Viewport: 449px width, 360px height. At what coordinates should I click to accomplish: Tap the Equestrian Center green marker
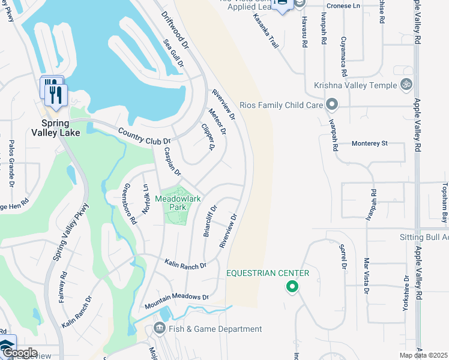(x=292, y=287)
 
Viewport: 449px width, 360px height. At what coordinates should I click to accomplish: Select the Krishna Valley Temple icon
(x=406, y=85)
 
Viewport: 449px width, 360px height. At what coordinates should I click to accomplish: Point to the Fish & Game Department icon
(x=160, y=328)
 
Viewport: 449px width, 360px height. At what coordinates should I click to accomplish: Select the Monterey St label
(x=370, y=143)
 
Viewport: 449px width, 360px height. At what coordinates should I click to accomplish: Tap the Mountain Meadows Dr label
(x=176, y=301)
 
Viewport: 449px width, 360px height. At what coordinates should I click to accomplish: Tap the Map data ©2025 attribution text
(x=424, y=355)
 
